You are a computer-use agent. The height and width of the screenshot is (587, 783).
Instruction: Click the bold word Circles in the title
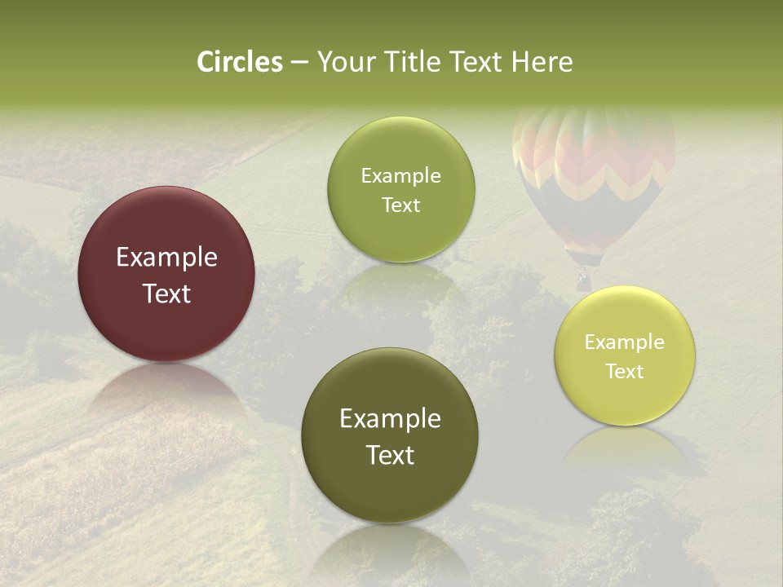240,62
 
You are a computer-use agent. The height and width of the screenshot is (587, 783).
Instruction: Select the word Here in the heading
542,62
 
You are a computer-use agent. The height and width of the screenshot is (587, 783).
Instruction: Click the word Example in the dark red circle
166,258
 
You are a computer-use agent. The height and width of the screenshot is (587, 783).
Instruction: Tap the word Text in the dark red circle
166,293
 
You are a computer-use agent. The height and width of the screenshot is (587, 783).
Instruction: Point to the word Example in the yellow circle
624,342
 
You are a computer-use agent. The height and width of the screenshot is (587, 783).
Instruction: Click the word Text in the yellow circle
624,372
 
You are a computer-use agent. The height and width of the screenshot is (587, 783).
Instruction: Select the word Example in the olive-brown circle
390,419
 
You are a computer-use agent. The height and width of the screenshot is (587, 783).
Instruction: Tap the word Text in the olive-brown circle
390,455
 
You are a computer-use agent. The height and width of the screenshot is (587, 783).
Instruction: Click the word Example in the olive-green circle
400,176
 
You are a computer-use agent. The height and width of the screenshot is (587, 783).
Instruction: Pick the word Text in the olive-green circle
400,205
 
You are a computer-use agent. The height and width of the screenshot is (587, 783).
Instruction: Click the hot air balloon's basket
582,280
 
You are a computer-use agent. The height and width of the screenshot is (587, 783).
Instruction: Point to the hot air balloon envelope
594,171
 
